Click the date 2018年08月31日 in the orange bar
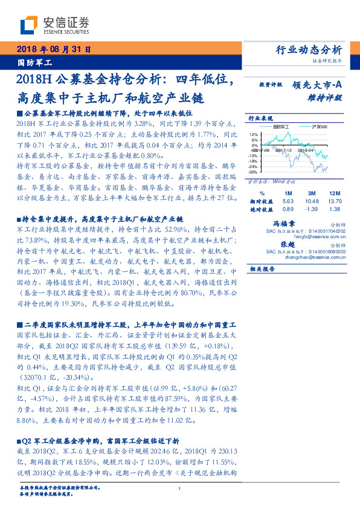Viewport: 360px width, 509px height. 51,49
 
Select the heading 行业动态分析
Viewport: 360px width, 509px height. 312,50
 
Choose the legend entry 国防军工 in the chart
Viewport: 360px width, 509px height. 281,127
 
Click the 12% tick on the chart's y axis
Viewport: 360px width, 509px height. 254,135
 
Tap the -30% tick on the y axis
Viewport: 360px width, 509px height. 254,172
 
